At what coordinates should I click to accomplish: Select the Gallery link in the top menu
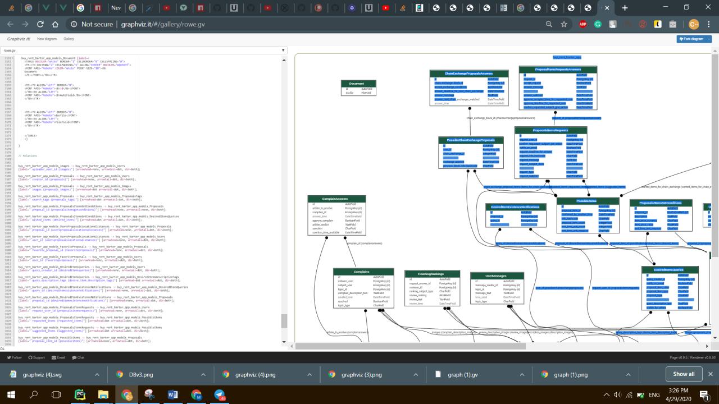pyautogui.click(x=69, y=39)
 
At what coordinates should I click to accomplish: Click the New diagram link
pyautogui.click(x=47, y=39)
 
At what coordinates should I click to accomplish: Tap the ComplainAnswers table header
pyautogui.click(x=336, y=199)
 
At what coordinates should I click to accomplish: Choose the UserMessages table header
pyautogui.click(x=497, y=276)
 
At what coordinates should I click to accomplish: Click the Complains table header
pyautogui.click(x=362, y=272)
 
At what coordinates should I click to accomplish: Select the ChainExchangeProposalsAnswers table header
pyautogui.click(x=468, y=74)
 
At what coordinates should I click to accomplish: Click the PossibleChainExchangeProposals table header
pyautogui.click(x=471, y=140)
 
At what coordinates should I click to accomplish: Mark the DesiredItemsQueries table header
pyautogui.click(x=669, y=270)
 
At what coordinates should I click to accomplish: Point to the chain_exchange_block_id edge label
pyautogui.click(x=500, y=118)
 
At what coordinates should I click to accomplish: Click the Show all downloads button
pyautogui.click(x=684, y=374)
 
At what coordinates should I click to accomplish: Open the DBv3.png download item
pyautogui.click(x=140, y=374)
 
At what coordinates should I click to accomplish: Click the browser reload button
pyautogui.click(x=40, y=24)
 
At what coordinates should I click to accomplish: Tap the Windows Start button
pyautogui.click(x=11, y=394)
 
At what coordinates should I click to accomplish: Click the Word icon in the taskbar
pyautogui.click(x=172, y=394)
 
